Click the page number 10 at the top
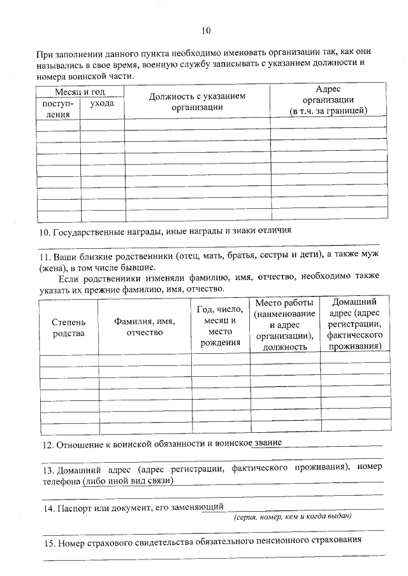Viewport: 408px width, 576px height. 205,30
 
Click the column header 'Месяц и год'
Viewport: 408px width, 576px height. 80,92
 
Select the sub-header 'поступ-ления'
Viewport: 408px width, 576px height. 58,109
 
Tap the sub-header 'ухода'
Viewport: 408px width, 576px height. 101,103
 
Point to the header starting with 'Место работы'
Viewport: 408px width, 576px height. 284,325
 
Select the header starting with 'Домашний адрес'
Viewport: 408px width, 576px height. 354,324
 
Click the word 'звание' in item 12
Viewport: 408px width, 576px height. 266,442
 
